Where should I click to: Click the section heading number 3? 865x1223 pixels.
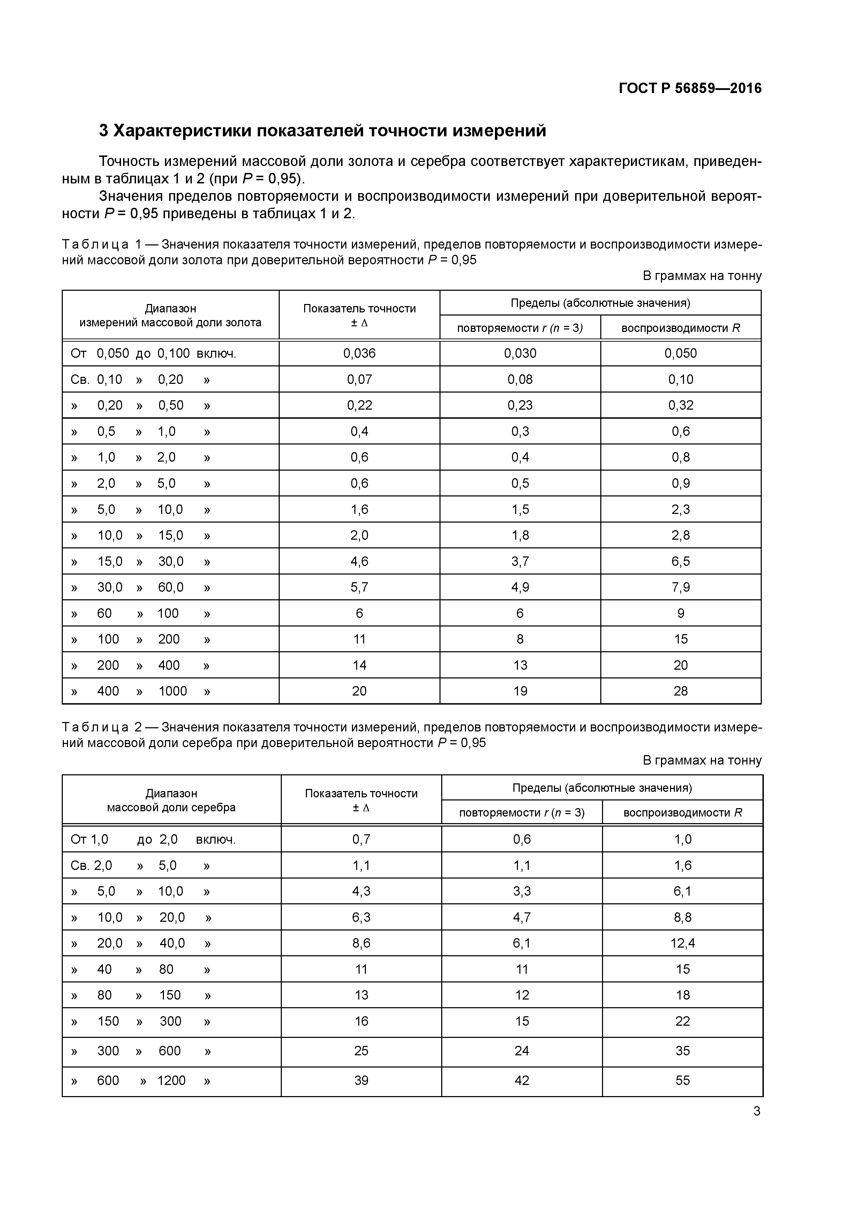[x=104, y=130]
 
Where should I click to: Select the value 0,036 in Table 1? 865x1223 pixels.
[x=359, y=353]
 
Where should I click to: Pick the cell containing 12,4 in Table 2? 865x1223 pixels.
[x=682, y=943]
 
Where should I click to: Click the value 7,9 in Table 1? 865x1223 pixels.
[x=680, y=587]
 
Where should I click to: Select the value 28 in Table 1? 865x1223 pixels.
[x=680, y=691]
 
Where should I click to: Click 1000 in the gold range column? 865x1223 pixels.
[x=173, y=691]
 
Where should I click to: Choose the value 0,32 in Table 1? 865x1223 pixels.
[x=680, y=405]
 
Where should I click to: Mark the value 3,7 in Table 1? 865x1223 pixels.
[x=520, y=561]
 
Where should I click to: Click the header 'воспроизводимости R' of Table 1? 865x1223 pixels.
[x=680, y=328]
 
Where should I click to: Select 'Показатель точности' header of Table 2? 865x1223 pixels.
[x=361, y=793]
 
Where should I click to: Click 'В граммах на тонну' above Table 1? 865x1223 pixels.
[x=702, y=276]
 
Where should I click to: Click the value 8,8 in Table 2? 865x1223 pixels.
[x=682, y=917]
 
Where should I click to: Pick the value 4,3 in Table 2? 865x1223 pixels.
[x=361, y=891]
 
